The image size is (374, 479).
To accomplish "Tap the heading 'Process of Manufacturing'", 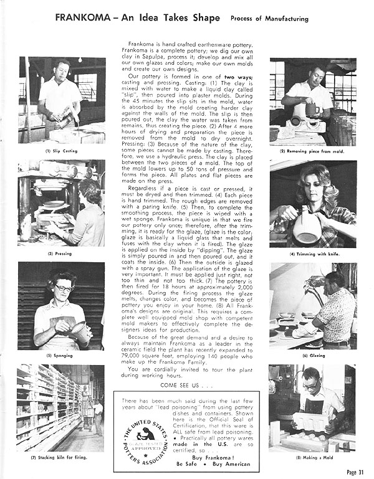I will pyautogui.click(x=269, y=19).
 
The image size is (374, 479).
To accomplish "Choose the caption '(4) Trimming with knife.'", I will pyautogui.click(x=313, y=254).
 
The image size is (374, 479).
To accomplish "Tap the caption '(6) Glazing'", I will pyautogui.click(x=313, y=356).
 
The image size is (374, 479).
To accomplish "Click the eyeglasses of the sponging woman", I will pyautogui.click(x=64, y=288).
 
